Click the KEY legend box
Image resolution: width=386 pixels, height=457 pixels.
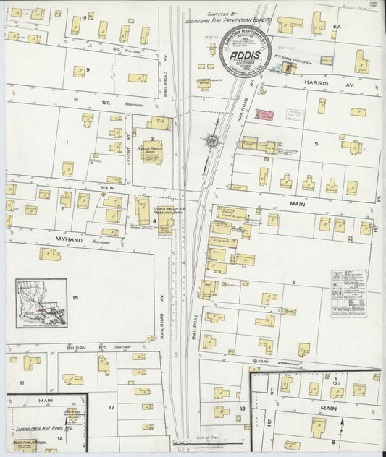point(348,293)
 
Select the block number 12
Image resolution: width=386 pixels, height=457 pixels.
point(112,407)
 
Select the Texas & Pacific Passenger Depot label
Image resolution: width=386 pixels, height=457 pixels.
point(165,207)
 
